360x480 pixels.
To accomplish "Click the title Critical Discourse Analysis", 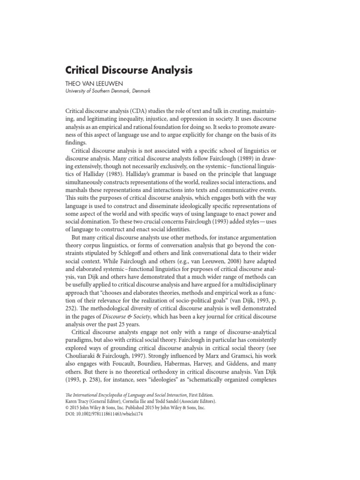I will (128, 71).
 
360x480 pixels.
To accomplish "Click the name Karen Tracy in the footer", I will (78, 402).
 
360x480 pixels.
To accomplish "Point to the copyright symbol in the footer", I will (67, 408).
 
